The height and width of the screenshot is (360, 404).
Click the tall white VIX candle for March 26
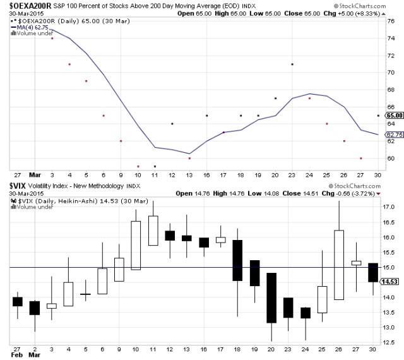click(x=339, y=265)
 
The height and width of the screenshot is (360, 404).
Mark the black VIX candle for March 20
click(x=271, y=297)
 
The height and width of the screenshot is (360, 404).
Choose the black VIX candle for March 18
click(x=238, y=260)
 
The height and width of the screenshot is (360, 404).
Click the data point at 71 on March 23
click(x=292, y=64)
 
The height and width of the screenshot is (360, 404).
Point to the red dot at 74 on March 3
click(x=52, y=38)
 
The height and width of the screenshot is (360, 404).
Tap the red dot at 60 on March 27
click(x=360, y=158)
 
